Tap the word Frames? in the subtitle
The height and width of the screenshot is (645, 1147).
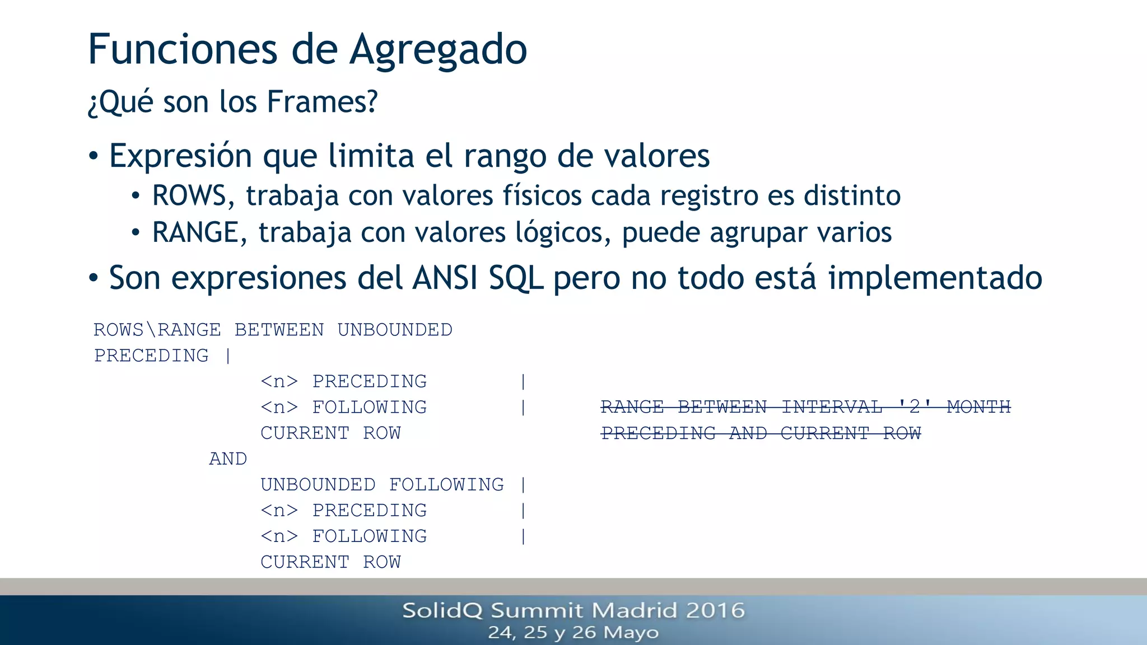point(322,102)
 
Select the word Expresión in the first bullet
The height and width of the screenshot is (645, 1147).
point(180,156)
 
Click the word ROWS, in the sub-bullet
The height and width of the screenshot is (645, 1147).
point(190,196)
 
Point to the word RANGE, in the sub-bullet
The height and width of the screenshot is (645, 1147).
point(199,232)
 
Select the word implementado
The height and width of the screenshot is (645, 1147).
point(935,278)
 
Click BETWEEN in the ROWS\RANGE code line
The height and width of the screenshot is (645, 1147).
point(279,330)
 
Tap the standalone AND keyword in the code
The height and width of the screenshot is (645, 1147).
point(228,459)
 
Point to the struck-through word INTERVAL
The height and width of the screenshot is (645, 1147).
point(832,407)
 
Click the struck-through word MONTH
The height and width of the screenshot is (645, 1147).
point(978,407)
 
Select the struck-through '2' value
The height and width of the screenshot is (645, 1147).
point(914,407)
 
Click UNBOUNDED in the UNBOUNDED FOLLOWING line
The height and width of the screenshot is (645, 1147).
point(318,485)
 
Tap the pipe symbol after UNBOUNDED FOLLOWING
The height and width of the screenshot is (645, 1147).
point(523,485)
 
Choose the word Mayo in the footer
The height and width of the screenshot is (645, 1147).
point(631,633)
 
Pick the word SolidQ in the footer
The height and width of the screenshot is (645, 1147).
point(442,610)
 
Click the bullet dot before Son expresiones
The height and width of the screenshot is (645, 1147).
point(94,277)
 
